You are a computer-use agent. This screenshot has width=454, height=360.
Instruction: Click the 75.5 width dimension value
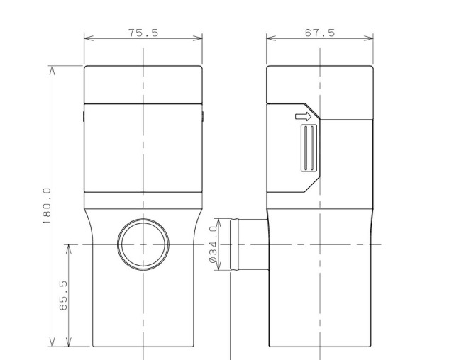point(143,33)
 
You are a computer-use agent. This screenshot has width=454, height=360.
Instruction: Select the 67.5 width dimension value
point(320,33)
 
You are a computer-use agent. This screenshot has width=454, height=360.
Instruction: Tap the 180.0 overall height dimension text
point(47,206)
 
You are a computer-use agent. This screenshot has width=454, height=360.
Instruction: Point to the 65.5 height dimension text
point(63,296)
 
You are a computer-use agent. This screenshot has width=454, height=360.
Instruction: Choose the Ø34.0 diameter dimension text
point(213,244)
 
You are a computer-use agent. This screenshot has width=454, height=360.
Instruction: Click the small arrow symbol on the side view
point(303,116)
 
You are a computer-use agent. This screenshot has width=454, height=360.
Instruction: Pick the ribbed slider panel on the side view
point(309,148)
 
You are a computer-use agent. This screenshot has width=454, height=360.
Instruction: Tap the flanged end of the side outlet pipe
point(234,244)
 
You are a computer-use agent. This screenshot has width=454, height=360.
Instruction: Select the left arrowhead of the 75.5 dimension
point(89,38)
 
